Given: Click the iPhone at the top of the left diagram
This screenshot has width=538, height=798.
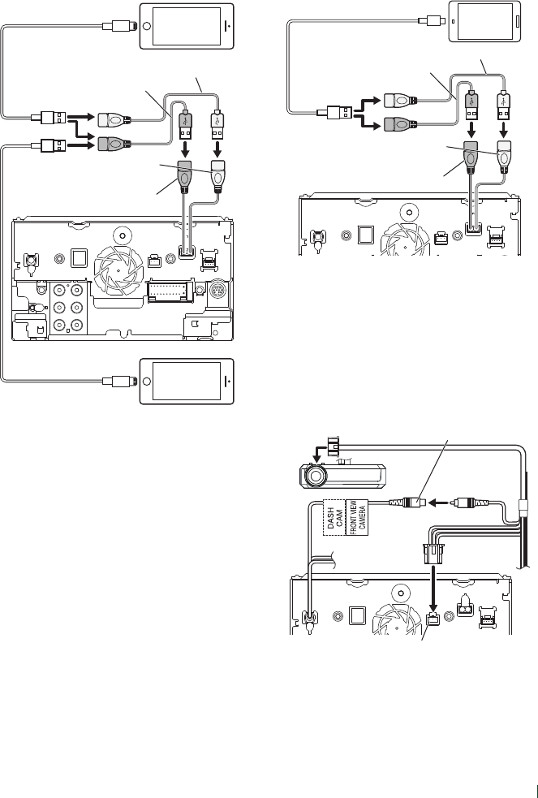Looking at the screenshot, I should tap(188, 26).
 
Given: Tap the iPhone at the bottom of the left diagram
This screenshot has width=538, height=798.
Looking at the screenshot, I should tap(188, 381).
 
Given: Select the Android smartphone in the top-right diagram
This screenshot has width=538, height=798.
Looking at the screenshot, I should tap(484, 21).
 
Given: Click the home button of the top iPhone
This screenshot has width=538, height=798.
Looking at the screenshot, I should tap(230, 26).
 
